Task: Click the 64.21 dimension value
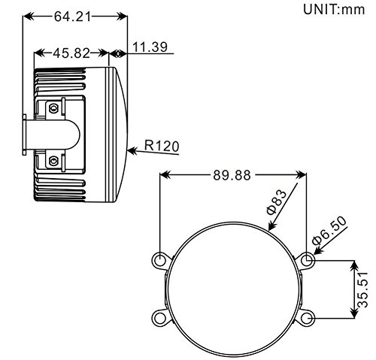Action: point(72,17)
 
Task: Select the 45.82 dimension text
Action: point(71,53)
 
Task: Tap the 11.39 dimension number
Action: point(150,47)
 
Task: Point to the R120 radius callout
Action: point(162,146)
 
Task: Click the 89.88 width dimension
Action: point(232,175)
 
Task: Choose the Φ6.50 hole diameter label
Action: point(329,231)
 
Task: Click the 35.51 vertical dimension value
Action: point(362,289)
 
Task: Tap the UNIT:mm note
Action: point(334,10)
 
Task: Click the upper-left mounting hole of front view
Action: point(159,260)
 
